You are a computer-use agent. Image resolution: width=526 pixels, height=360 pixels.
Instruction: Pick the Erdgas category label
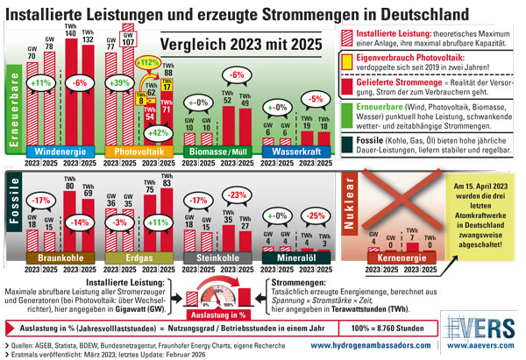click(x=139, y=258)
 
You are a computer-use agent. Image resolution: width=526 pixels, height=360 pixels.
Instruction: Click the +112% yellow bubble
click(x=147, y=62)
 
